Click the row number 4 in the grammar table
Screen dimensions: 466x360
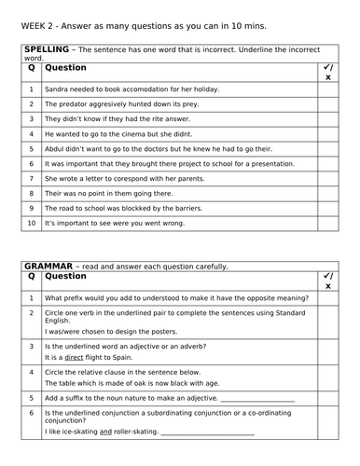coord(31,374)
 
